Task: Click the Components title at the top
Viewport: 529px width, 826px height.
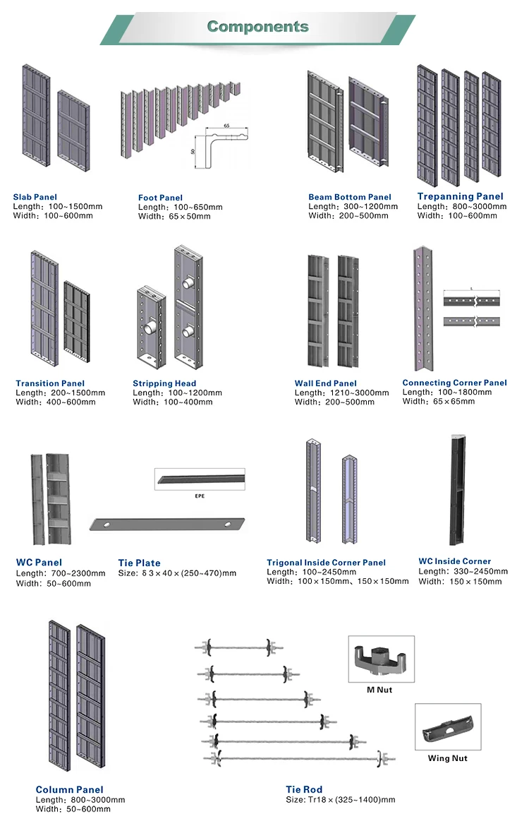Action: (257, 27)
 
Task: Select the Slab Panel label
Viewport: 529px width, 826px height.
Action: (35, 197)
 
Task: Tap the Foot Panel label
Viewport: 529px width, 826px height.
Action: (160, 198)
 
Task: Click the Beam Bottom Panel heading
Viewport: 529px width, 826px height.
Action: (350, 197)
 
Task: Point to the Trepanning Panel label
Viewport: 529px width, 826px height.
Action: (460, 196)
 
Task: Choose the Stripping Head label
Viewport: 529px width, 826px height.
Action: (164, 383)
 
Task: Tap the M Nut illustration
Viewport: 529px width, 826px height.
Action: (382, 659)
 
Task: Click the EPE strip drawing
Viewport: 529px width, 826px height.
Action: (200, 479)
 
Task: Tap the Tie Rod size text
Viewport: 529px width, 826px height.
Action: (340, 800)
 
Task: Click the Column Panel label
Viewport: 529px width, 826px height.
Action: (69, 789)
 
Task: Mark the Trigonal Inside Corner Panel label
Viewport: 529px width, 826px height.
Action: (326, 563)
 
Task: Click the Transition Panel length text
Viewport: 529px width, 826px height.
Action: (60, 393)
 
